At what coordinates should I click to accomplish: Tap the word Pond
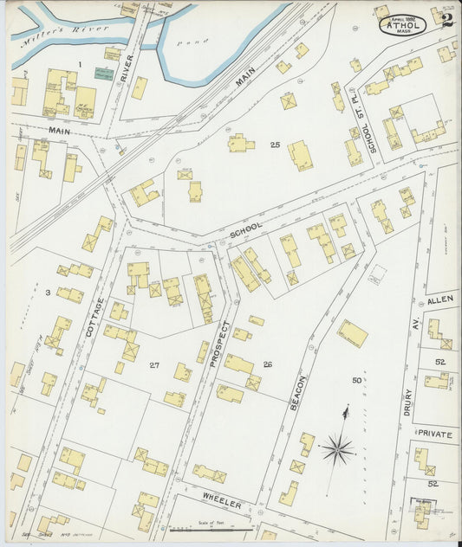click(x=185, y=41)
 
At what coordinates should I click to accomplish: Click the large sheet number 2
click(x=446, y=21)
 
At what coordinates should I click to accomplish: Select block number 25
click(x=275, y=145)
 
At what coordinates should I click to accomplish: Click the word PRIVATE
click(x=436, y=434)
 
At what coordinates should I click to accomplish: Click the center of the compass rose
click(x=338, y=449)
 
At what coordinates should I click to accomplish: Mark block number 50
click(x=356, y=380)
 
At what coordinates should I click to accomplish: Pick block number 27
click(x=153, y=365)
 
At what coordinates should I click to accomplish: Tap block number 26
click(x=267, y=364)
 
